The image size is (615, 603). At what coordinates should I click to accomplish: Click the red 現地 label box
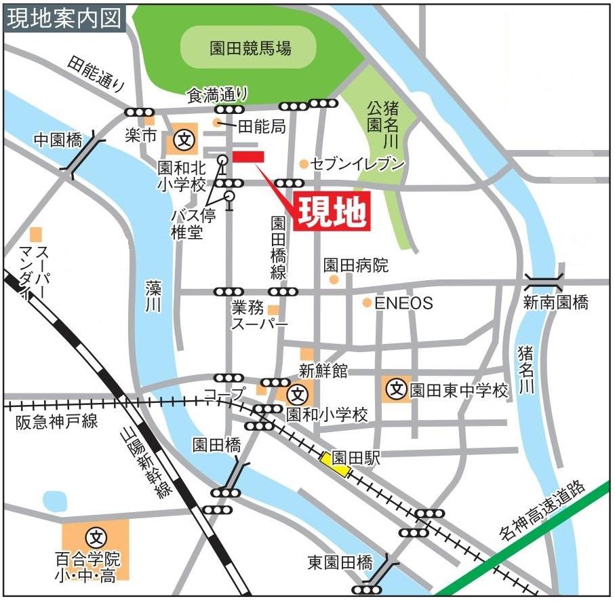[332, 212]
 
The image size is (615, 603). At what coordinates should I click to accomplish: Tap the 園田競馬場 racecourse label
[250, 47]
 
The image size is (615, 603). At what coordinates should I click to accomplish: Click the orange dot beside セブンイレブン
[304, 163]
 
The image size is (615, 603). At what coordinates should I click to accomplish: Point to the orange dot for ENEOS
[366, 303]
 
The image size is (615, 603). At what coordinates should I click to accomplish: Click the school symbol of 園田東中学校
[396, 390]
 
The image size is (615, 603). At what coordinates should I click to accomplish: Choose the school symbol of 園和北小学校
[183, 140]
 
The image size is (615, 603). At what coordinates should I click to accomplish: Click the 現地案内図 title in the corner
[64, 17]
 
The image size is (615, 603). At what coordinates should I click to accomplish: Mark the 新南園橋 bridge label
[555, 303]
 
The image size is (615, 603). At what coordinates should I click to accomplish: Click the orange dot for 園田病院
[333, 279]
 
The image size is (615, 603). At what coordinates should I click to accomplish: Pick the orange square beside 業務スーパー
[273, 310]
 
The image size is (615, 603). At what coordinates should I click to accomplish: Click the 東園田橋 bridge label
[340, 562]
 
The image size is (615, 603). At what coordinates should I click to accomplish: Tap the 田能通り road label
[98, 74]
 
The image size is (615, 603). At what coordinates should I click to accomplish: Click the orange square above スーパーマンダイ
[36, 234]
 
